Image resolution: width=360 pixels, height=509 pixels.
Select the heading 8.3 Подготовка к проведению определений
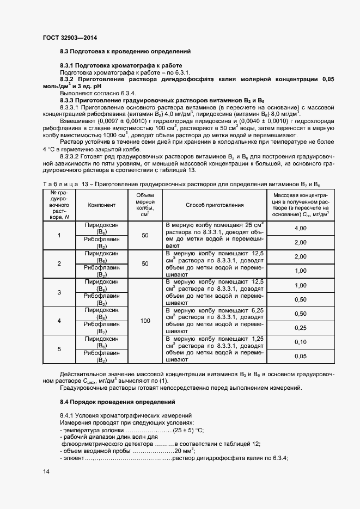click(125, 51)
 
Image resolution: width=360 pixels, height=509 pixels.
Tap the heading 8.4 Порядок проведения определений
click(125, 402)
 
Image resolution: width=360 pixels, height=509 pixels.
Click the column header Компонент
click(101, 205)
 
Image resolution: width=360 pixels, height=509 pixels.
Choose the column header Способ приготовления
click(214, 205)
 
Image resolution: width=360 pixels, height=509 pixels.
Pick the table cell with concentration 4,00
click(300, 228)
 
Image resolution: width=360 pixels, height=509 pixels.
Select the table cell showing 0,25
click(300, 328)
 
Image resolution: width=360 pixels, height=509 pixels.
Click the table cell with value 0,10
click(300, 342)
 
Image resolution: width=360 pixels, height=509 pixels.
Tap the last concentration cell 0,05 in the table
click(300, 356)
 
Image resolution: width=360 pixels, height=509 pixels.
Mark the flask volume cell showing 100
click(145, 321)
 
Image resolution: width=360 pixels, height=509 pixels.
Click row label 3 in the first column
click(59, 292)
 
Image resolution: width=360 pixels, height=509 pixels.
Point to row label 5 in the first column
click(59, 349)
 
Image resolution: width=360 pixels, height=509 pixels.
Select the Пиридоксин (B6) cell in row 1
click(101, 228)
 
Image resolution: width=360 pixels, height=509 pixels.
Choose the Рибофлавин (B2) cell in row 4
click(101, 328)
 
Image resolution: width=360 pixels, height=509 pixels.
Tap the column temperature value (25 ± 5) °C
click(188, 430)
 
